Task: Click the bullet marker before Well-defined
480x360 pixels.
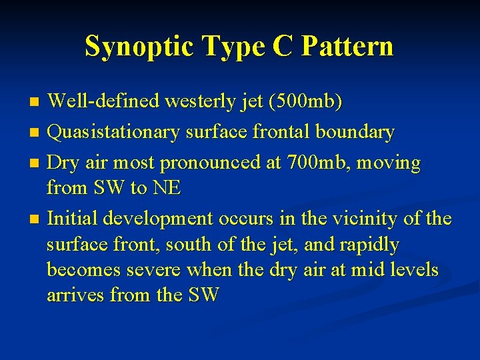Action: [36, 102]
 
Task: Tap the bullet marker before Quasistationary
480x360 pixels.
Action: [36, 133]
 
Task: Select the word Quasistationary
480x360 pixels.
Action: [113, 133]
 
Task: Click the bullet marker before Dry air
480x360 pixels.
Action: [36, 163]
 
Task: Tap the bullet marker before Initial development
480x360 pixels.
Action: [36, 219]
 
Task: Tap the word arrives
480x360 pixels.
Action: [75, 295]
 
